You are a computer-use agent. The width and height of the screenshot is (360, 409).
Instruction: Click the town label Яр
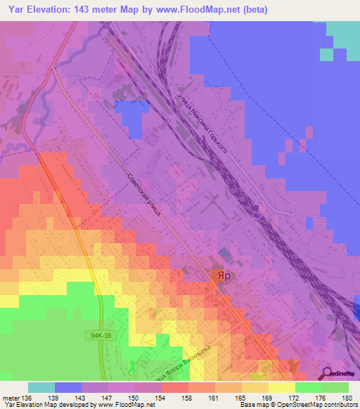point(222,276)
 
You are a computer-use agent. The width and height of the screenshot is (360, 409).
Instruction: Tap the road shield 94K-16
point(101,335)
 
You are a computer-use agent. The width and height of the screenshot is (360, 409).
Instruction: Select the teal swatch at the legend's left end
point(41,387)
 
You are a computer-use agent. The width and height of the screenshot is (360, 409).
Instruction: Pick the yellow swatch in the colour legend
point(281,387)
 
